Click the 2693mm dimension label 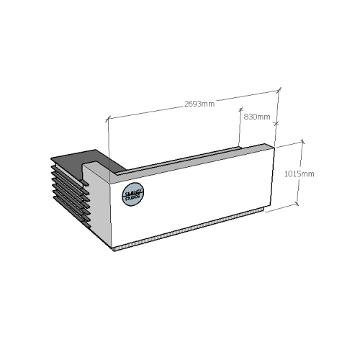pyautogui.click(x=199, y=104)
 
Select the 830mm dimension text pyautogui.click(x=257, y=117)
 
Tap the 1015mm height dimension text pyautogui.click(x=298, y=174)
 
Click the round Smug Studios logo pyautogui.click(x=133, y=194)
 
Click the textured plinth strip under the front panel pyautogui.click(x=191, y=230)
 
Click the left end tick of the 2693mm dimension pyautogui.click(x=109, y=117)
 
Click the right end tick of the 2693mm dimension pyautogui.click(x=278, y=91)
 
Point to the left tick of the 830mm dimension pyautogui.click(x=240, y=110)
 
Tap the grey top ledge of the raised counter pyautogui.click(x=194, y=158)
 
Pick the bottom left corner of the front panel pyautogui.click(x=114, y=246)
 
